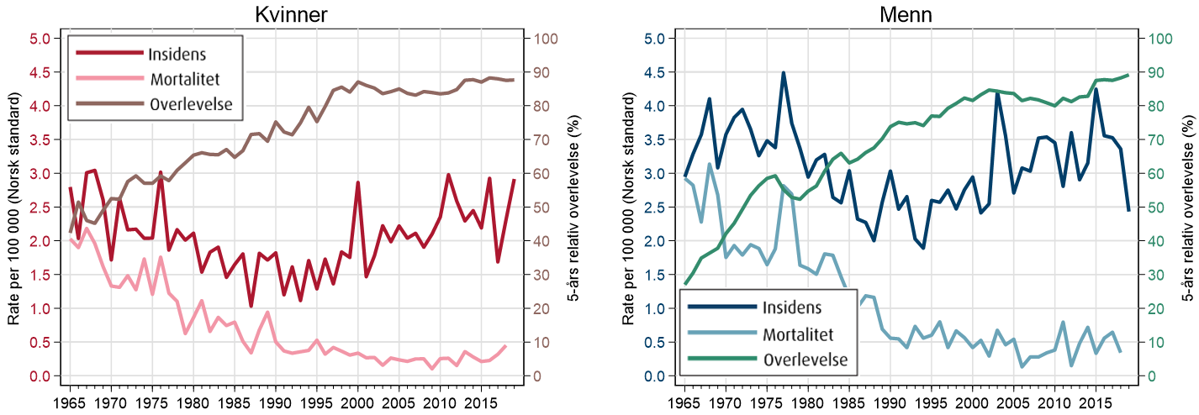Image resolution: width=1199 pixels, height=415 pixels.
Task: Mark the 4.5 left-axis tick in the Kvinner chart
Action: [x=40, y=73]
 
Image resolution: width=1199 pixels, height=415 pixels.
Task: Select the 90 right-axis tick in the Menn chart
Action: [x=1161, y=73]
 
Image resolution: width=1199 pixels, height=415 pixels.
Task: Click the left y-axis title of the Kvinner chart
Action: [x=13, y=207]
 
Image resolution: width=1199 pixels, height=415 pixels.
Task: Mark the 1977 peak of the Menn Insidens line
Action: [x=784, y=73]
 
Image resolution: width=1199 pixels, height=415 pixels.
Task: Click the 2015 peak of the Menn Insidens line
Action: [x=1096, y=89]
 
